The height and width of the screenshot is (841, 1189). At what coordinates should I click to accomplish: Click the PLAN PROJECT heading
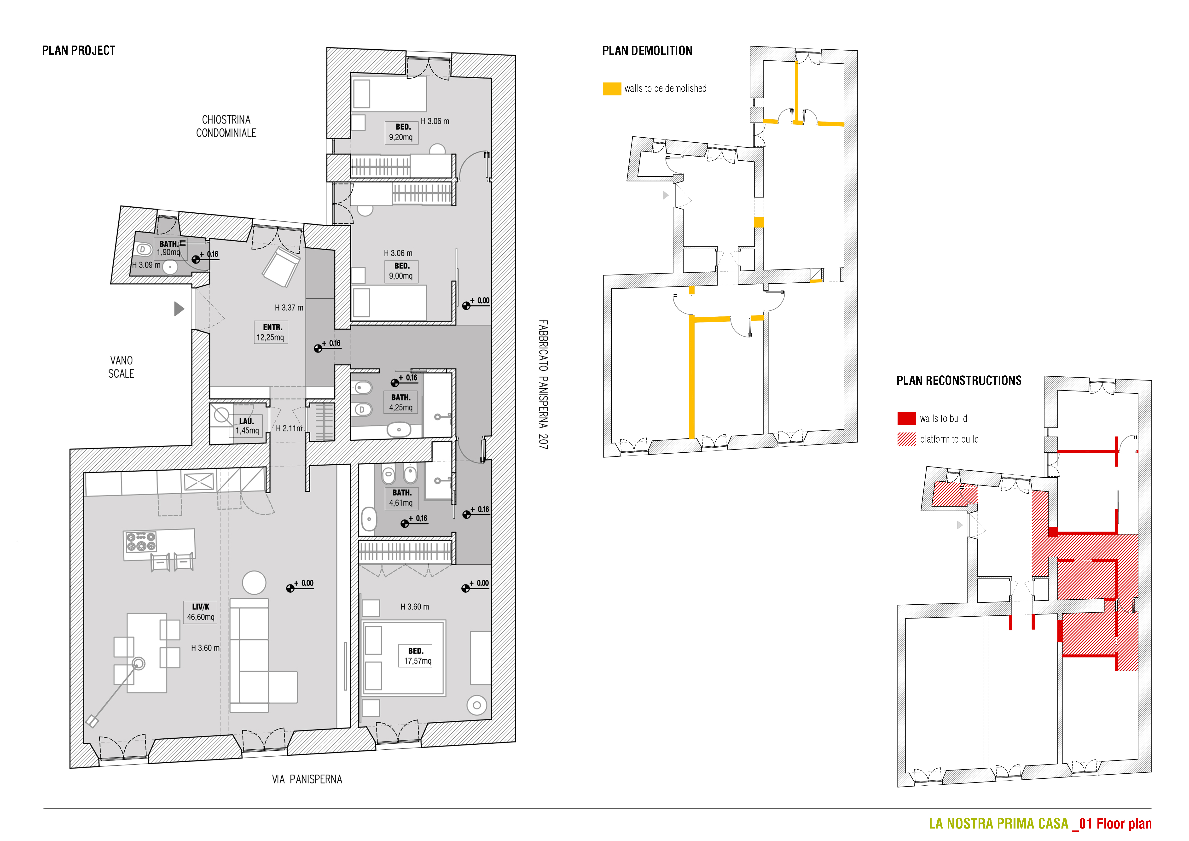79,50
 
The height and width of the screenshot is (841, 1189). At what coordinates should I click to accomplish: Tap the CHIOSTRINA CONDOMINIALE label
226,126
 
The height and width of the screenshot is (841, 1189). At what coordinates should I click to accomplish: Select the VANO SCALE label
121,367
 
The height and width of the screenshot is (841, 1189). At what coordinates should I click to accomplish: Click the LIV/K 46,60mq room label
200,612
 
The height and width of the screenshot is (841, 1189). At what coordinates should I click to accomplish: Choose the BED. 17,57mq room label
418,656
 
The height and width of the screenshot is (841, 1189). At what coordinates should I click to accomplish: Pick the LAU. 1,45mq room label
247,426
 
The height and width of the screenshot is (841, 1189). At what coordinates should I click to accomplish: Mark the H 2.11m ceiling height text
289,428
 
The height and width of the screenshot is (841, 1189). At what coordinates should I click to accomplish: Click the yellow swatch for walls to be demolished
612,88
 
